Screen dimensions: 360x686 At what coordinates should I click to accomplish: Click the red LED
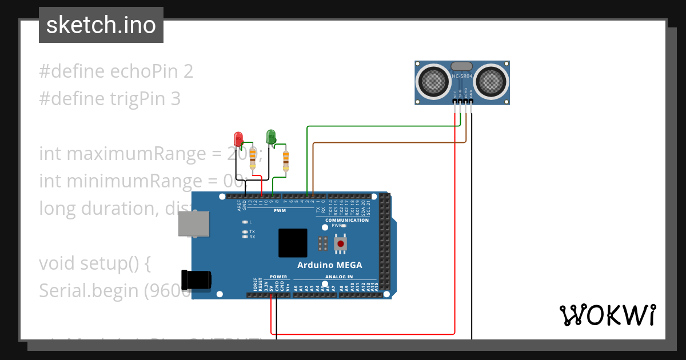point(238,138)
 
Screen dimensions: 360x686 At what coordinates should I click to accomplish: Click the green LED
point(271,136)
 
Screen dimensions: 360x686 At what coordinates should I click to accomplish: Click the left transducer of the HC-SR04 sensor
point(434,81)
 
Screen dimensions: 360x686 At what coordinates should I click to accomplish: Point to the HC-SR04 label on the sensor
point(462,76)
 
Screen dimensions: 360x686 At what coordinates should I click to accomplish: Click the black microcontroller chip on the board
point(293,243)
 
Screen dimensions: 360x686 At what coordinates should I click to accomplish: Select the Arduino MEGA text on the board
point(329,265)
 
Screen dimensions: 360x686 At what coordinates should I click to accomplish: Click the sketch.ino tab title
point(101,25)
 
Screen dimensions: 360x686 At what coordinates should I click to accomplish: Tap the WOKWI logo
point(607,315)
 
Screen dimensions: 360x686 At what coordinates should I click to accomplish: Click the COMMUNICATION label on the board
point(347,220)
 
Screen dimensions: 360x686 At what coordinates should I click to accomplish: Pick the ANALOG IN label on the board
point(340,277)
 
